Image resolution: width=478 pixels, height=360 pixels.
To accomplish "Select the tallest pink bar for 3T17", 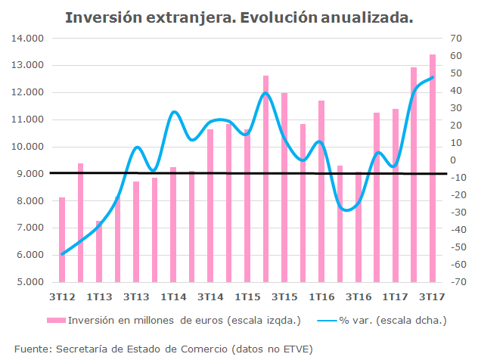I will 433,168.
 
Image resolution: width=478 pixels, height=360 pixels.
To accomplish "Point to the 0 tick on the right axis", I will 455,160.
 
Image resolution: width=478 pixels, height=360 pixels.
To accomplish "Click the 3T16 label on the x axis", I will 358,297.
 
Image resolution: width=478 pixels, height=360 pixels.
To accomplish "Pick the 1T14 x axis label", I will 173,297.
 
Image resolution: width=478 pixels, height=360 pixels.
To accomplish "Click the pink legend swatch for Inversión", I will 57,321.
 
